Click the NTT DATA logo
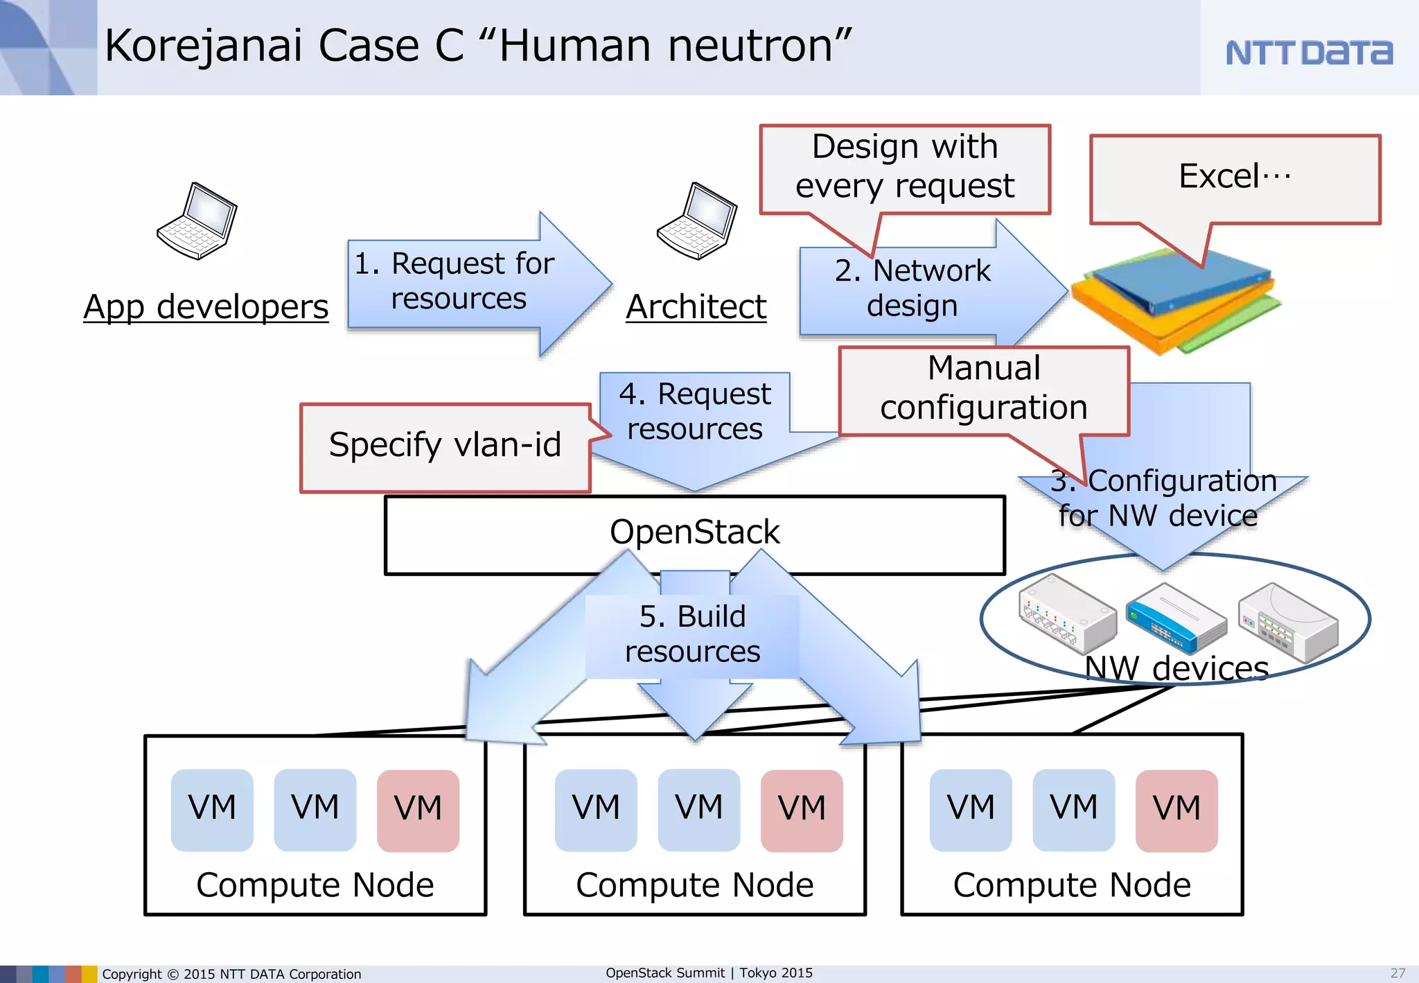(1308, 53)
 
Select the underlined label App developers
(206, 307)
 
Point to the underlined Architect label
(696, 307)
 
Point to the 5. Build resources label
(692, 634)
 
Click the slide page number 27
(1398, 973)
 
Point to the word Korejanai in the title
(203, 46)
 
